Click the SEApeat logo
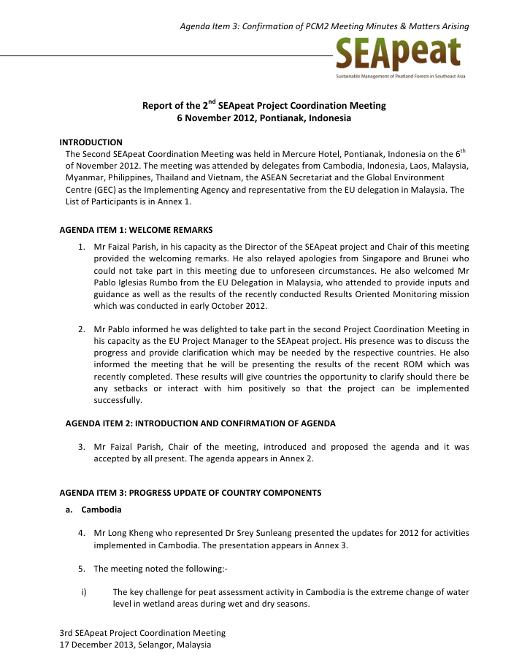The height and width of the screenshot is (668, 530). (x=398, y=53)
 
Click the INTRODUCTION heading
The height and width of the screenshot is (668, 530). (x=91, y=142)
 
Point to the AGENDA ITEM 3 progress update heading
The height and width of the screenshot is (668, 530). (x=190, y=493)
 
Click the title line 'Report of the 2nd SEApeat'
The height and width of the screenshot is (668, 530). (x=264, y=105)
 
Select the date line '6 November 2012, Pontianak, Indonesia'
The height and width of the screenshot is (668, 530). (x=264, y=118)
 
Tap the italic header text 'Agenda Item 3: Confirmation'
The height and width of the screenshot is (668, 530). (x=324, y=27)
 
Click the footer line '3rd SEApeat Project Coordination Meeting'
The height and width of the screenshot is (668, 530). (x=142, y=632)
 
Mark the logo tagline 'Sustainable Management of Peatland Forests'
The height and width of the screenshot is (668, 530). (x=399, y=76)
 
